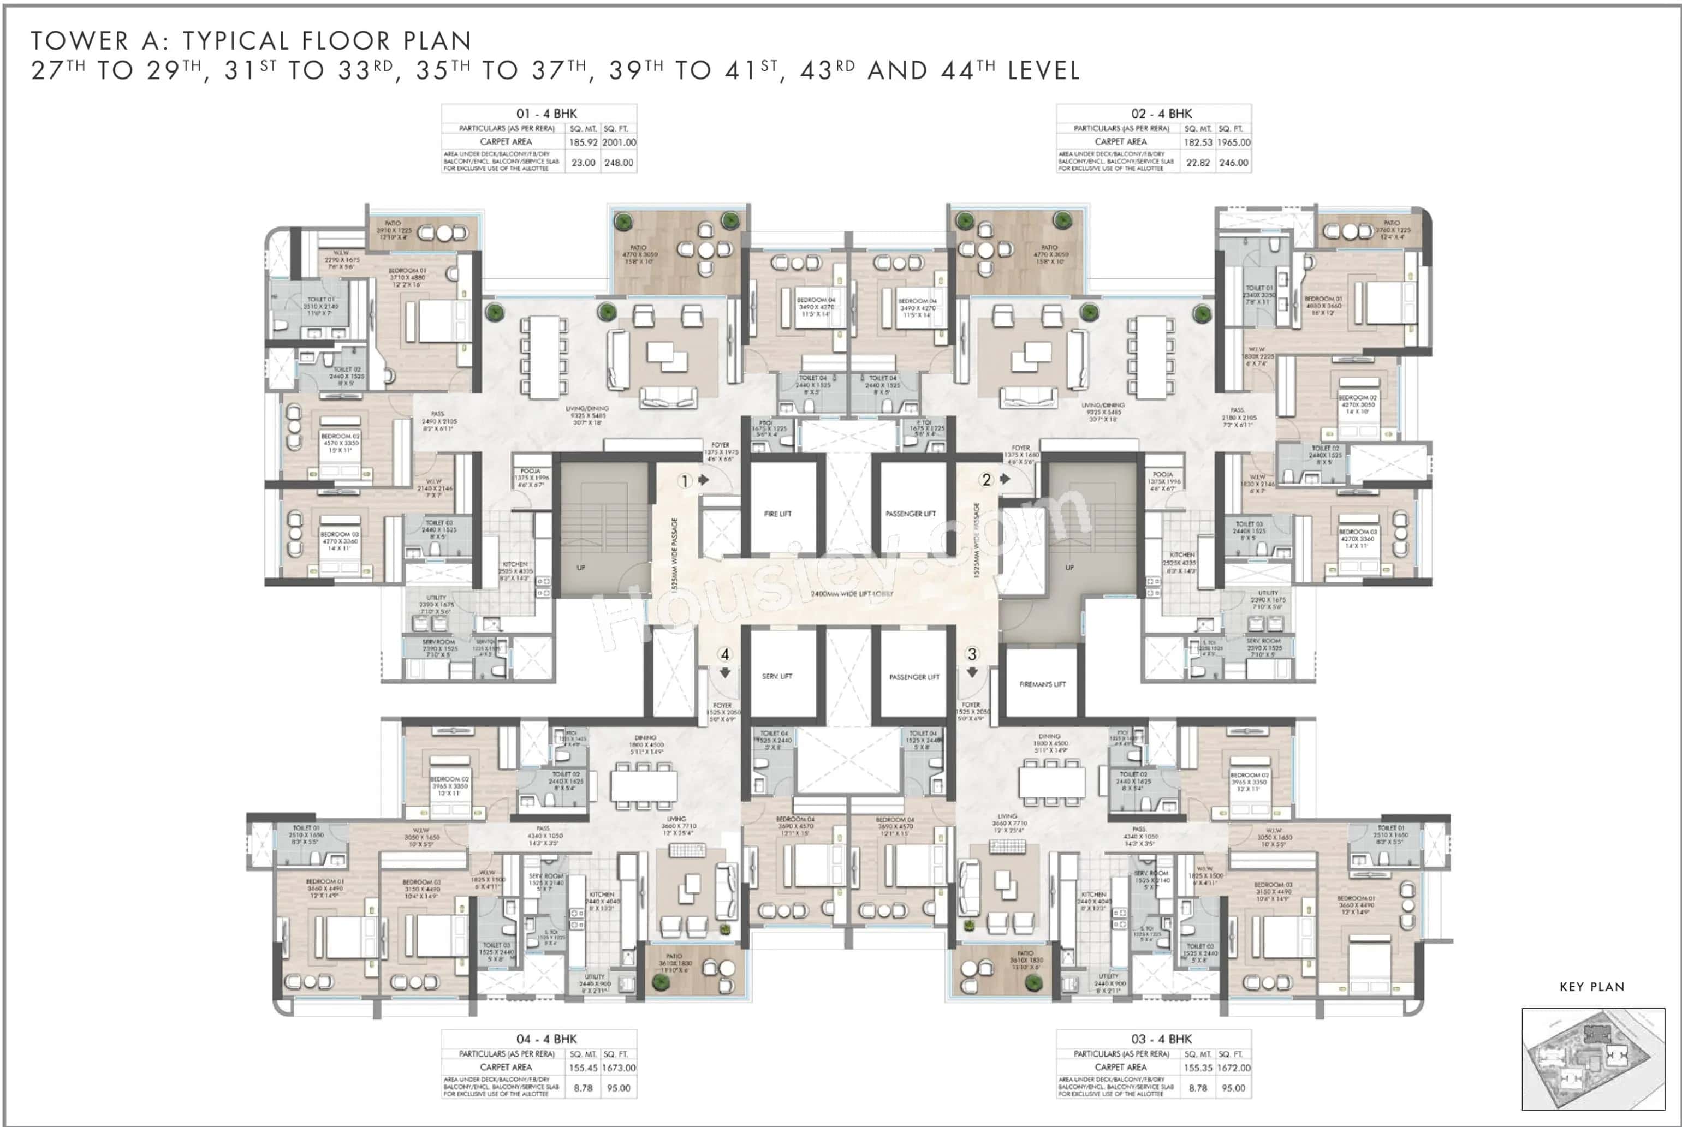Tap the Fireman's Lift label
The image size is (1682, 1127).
(x=1042, y=684)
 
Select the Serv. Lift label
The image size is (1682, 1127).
(x=777, y=676)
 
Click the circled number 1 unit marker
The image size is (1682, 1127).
(x=684, y=481)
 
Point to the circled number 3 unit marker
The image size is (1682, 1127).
(x=972, y=654)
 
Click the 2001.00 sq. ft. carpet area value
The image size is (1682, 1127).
(x=619, y=142)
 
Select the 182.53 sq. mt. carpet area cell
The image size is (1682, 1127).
(x=1198, y=142)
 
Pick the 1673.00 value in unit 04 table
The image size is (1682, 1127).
(x=619, y=1068)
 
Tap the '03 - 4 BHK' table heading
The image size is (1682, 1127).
(x=1161, y=1039)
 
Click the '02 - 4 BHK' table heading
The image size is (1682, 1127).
(x=1161, y=114)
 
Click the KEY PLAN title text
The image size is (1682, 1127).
(x=1592, y=987)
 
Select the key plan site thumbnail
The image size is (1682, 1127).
(x=1593, y=1059)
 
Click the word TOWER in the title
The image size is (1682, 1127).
(x=79, y=41)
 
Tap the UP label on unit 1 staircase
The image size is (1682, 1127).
(x=581, y=568)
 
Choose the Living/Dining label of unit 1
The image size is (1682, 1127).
(x=587, y=415)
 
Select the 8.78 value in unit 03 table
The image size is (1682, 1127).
(x=1198, y=1088)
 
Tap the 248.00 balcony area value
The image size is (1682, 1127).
(x=619, y=163)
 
